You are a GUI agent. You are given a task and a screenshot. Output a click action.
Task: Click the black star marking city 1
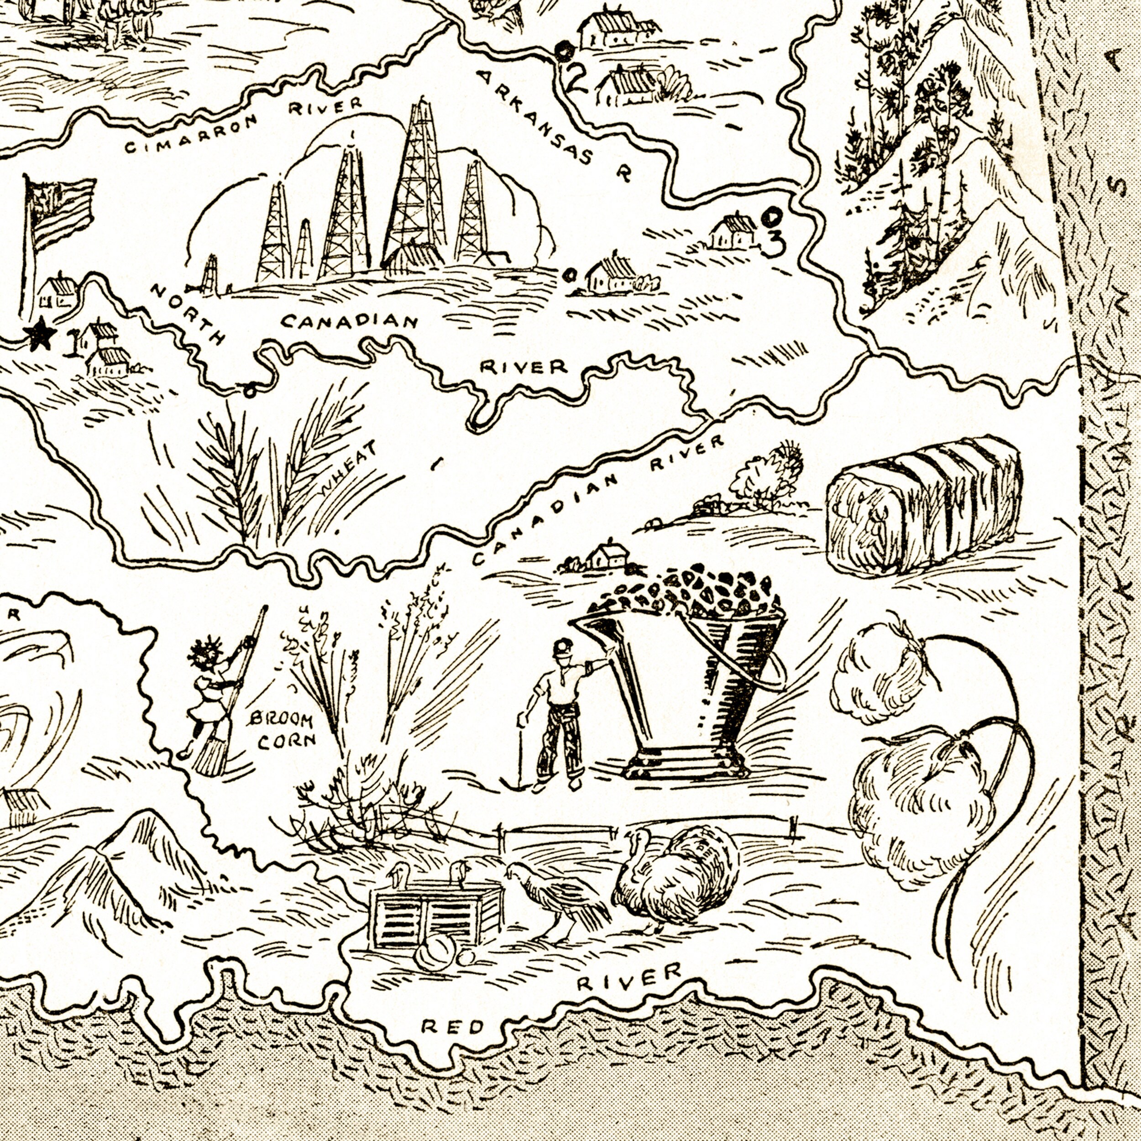40,335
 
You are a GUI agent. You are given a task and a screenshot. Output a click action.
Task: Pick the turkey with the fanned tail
679,877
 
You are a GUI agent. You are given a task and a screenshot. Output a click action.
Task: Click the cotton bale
924,505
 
